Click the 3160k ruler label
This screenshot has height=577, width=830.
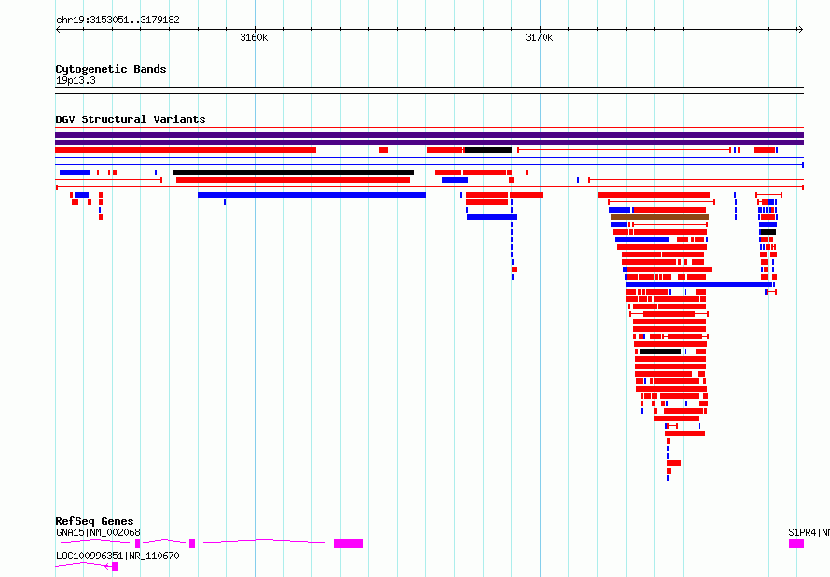point(254,37)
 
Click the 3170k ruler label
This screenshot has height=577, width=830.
point(539,37)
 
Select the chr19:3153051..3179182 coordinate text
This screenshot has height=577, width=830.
point(118,21)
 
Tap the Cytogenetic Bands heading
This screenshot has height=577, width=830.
point(111,69)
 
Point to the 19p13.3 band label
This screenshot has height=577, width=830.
point(76,80)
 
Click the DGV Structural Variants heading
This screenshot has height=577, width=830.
point(131,119)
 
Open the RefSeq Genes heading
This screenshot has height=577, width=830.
point(94,521)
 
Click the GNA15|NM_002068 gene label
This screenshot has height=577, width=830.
point(98,532)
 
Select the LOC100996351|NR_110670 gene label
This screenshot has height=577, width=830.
point(118,556)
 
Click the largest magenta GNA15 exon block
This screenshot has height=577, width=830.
point(348,543)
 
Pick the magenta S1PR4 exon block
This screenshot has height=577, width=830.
point(796,543)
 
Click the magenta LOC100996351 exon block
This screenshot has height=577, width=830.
point(115,567)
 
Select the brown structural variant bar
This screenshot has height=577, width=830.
point(659,217)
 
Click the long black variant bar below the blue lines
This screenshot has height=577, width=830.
point(294,172)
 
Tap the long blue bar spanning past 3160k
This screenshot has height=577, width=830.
point(311,195)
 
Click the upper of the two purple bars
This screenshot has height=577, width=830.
point(429,135)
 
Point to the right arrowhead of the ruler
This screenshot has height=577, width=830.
point(802,30)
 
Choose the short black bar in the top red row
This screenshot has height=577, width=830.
point(488,150)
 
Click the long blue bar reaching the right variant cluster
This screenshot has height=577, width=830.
point(699,284)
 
